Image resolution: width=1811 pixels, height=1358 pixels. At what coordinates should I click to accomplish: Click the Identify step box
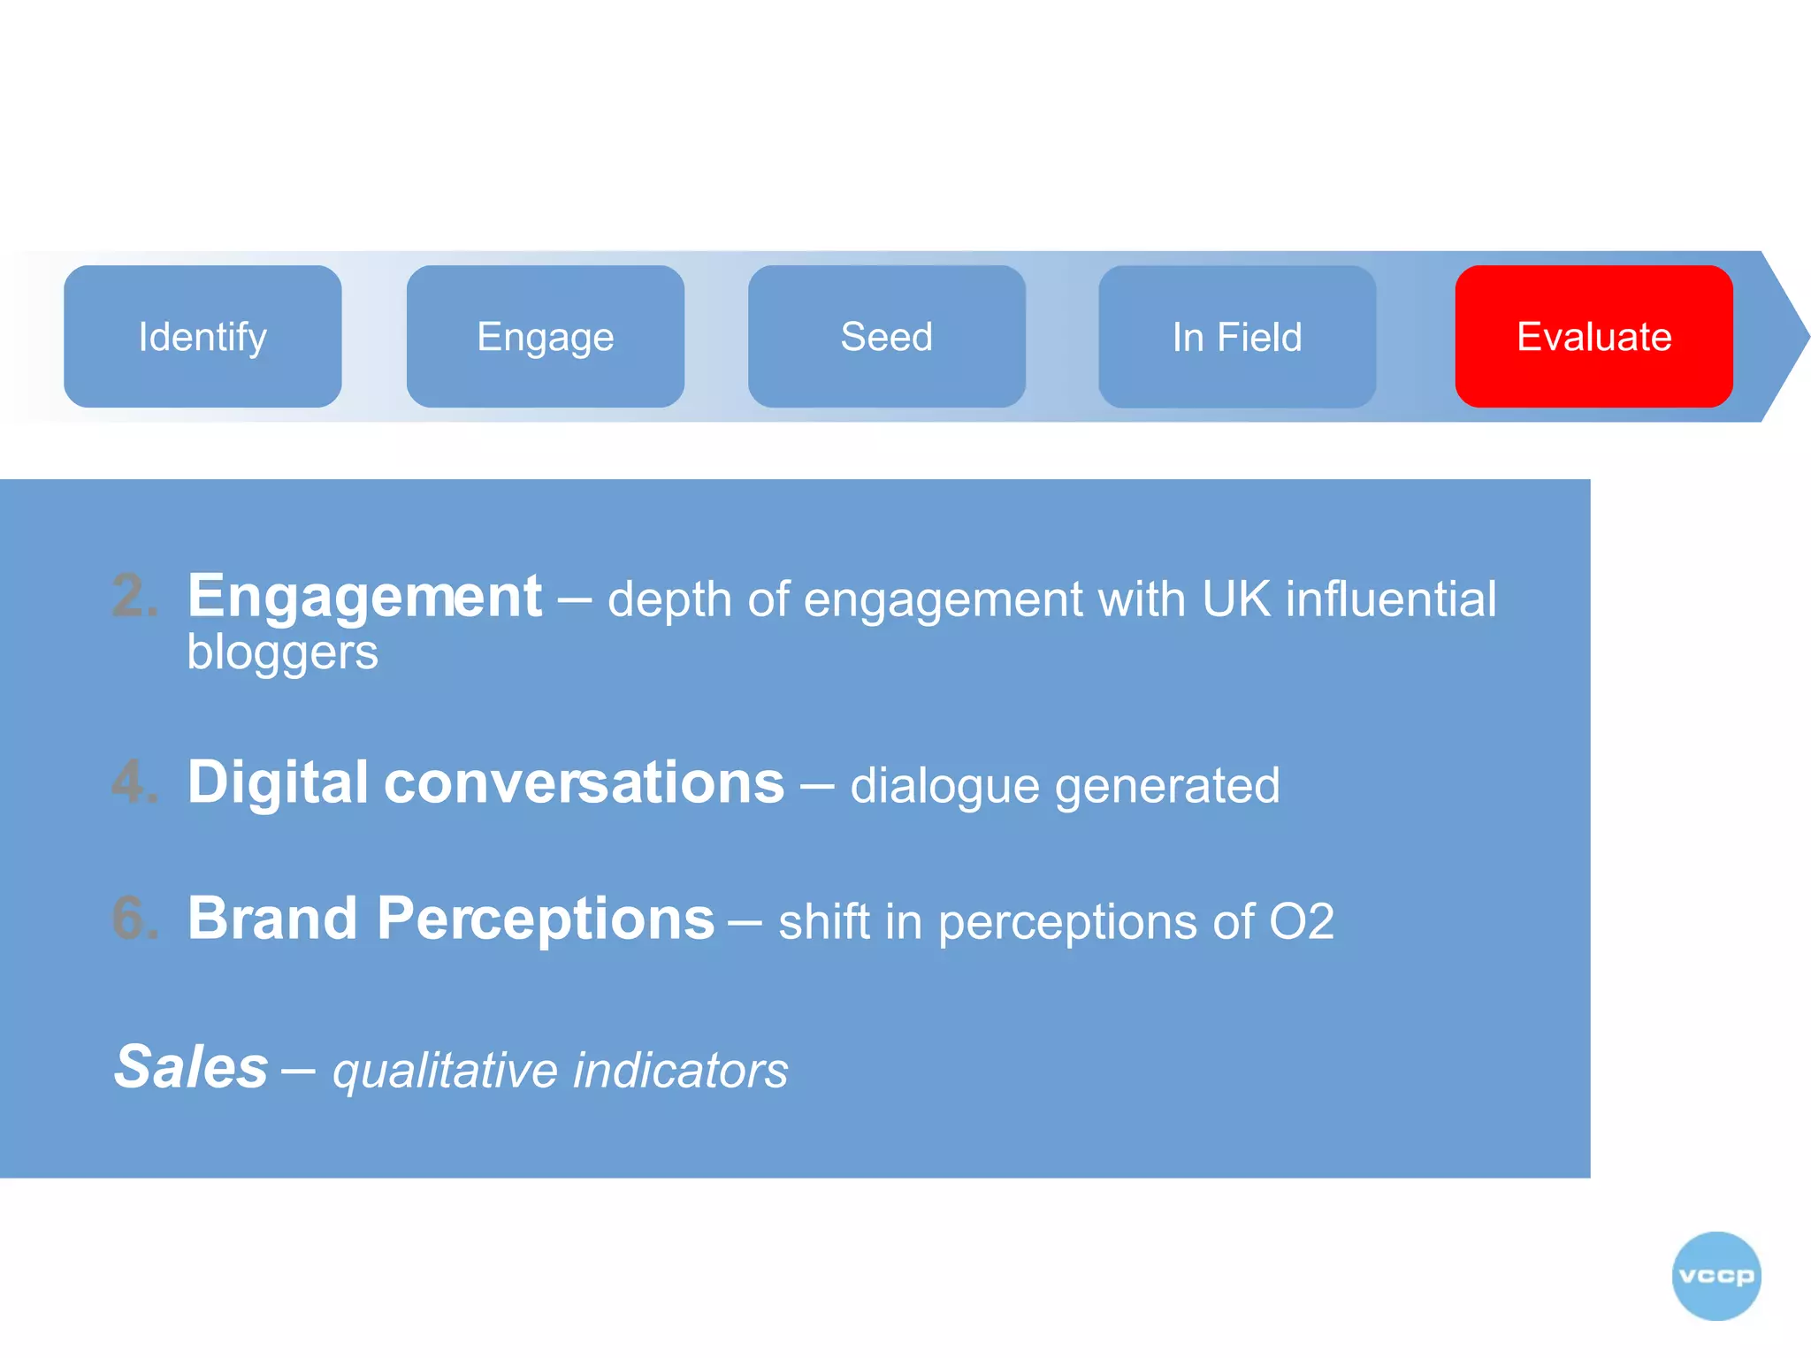[202, 337]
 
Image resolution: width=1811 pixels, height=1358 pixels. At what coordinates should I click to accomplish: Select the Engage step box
[545, 337]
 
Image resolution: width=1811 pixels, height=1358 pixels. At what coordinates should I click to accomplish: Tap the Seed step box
[886, 337]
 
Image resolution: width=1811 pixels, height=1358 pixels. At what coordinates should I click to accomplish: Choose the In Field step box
[1236, 337]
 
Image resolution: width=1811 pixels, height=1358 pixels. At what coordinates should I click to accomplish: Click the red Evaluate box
[1593, 337]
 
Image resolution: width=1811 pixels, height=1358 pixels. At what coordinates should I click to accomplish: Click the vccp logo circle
[1716, 1276]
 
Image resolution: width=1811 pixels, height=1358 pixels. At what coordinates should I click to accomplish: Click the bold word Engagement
[364, 598]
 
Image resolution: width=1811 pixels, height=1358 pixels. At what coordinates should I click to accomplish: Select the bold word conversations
[584, 783]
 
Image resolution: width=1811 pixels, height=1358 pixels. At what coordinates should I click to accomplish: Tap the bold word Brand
[272, 919]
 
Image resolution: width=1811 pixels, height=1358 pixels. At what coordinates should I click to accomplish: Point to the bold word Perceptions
[546, 920]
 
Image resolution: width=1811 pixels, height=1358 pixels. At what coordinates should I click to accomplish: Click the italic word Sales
[191, 1067]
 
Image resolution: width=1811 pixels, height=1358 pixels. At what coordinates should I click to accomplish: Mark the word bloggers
[282, 653]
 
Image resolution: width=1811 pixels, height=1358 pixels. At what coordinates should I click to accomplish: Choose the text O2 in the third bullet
[1301, 922]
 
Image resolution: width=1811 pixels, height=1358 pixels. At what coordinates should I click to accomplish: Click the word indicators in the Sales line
[680, 1071]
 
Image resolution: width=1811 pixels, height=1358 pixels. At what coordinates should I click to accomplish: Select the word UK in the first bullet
[1235, 599]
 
